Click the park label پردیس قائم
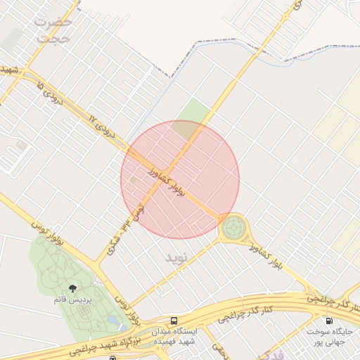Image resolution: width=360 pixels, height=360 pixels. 73,300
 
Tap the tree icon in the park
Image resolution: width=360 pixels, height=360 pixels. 73,288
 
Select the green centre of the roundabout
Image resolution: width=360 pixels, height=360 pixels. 233,228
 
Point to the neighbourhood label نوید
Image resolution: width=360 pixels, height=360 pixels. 178,257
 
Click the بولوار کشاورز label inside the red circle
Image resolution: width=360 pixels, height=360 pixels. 167,181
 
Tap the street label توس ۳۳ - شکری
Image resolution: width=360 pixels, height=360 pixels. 127,229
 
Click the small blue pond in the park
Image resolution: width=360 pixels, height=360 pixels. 112,321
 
